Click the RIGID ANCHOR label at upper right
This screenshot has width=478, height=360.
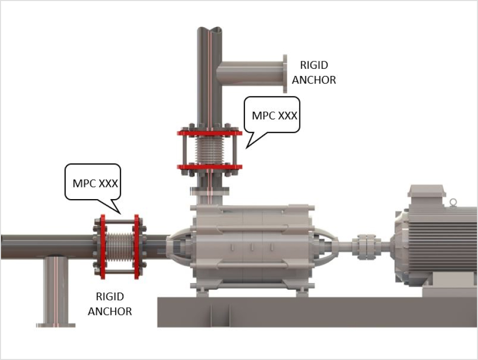pyautogui.click(x=313, y=72)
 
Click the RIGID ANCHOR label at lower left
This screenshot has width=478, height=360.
pyautogui.click(x=110, y=304)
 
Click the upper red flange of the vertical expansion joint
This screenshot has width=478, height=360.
pyautogui.click(x=210, y=133)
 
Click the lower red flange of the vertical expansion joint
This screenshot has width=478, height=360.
pyautogui.click(x=210, y=167)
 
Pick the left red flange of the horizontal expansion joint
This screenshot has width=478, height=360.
pyautogui.click(x=103, y=247)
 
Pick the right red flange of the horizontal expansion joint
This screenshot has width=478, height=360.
pyautogui.click(x=136, y=247)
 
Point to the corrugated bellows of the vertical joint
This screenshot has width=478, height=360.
pyautogui.click(x=210, y=150)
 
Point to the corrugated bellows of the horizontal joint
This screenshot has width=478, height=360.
pyautogui.click(x=120, y=247)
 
